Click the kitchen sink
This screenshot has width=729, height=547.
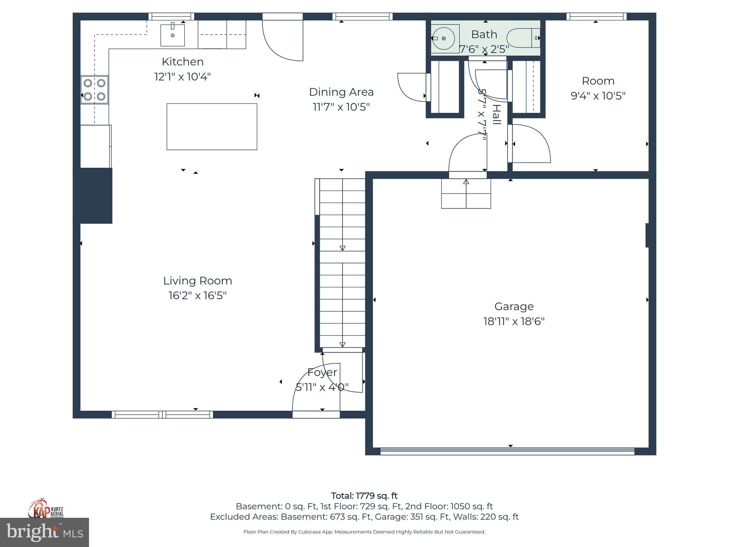click(x=173, y=35)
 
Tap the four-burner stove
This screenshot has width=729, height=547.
click(x=94, y=90)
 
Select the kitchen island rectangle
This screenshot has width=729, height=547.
click(x=212, y=126)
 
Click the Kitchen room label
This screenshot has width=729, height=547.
click(x=183, y=62)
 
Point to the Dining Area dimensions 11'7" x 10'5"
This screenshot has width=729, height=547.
click(x=341, y=107)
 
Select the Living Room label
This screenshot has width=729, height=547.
click(x=198, y=281)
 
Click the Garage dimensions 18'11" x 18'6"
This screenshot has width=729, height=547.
click(x=514, y=322)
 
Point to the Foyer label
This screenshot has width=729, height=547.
click(x=322, y=373)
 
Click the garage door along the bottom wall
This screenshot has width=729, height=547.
click(x=507, y=452)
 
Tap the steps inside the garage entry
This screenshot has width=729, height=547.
click(x=466, y=194)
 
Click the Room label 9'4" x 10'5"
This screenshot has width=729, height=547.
click(x=598, y=88)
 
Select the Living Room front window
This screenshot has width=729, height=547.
click(x=162, y=415)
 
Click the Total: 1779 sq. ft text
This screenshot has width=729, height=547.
click(x=364, y=496)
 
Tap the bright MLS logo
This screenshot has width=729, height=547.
click(x=44, y=532)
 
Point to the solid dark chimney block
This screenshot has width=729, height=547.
click(x=93, y=196)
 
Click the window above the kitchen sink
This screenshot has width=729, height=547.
click(x=171, y=16)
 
